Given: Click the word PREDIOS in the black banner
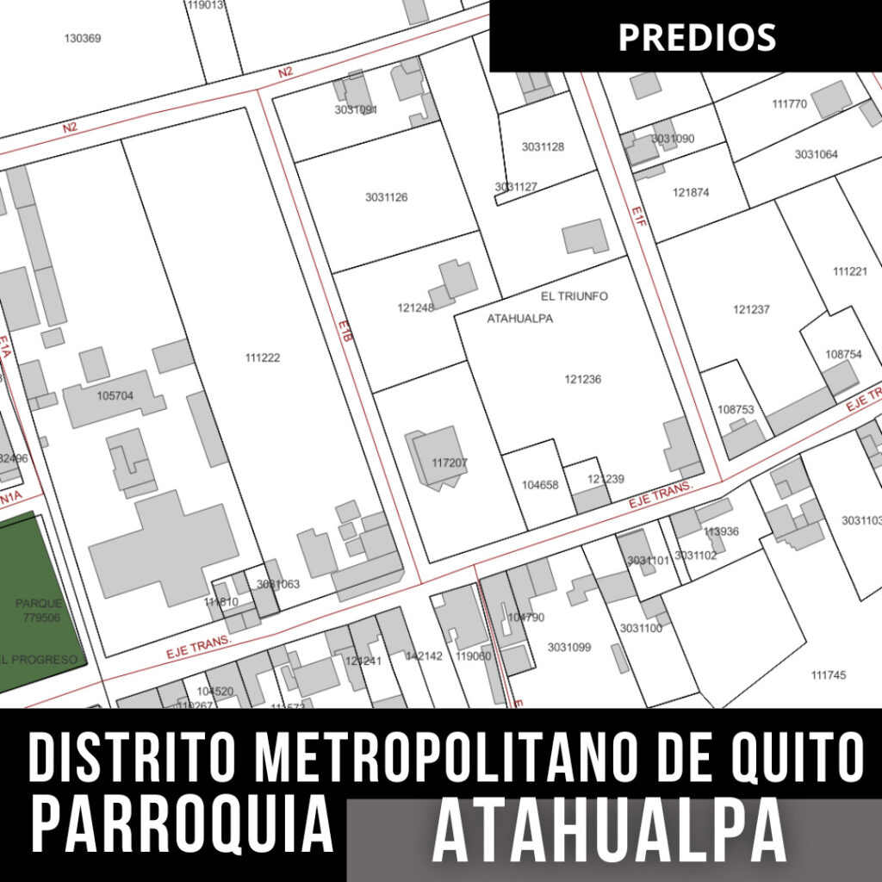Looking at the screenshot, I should (697, 36).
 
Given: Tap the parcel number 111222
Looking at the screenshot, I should (262, 357).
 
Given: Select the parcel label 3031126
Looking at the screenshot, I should (386, 197).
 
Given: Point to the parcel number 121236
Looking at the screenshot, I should (583, 379).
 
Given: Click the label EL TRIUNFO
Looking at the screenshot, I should (575, 296).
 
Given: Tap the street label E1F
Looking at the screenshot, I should (637, 216).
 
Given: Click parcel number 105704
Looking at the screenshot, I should (115, 396).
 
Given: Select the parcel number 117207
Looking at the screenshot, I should (450, 463).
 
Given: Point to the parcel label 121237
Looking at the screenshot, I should (752, 310).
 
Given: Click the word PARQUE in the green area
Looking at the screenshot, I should (40, 603).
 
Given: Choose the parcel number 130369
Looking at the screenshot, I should (83, 38).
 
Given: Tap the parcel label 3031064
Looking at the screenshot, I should (816, 154).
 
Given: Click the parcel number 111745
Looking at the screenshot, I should (829, 675).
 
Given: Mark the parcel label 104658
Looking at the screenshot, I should (540, 485).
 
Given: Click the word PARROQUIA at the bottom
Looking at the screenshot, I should (183, 824).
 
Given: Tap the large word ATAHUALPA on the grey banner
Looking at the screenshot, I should (609, 833).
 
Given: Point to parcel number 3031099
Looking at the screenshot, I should (569, 647).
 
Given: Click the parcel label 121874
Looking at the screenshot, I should (691, 193).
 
